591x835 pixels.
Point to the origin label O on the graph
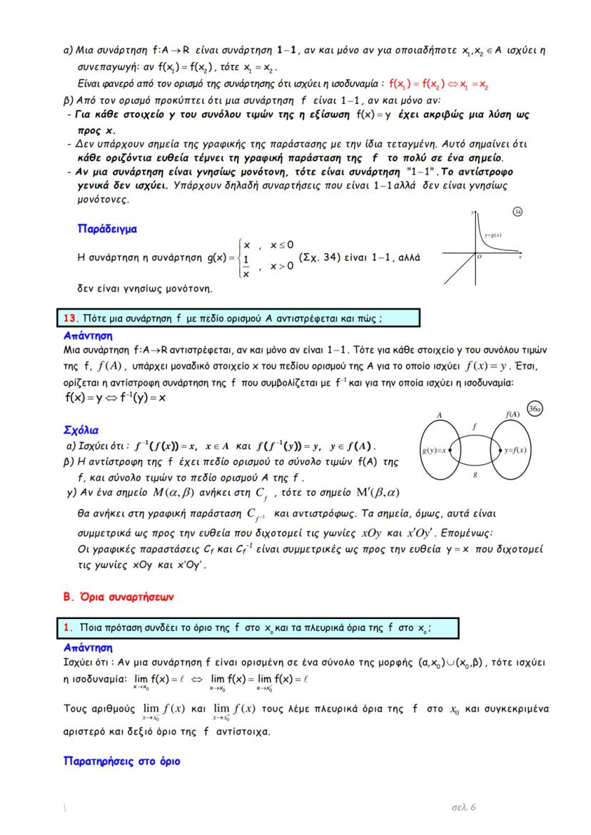pyautogui.click(x=480, y=257)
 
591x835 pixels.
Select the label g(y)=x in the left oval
pyautogui.click(x=433, y=450)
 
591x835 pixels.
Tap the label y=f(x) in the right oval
pyautogui.click(x=515, y=450)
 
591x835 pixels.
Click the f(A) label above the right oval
pyautogui.click(x=511, y=414)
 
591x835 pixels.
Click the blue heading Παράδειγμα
pyautogui.click(x=108, y=229)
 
